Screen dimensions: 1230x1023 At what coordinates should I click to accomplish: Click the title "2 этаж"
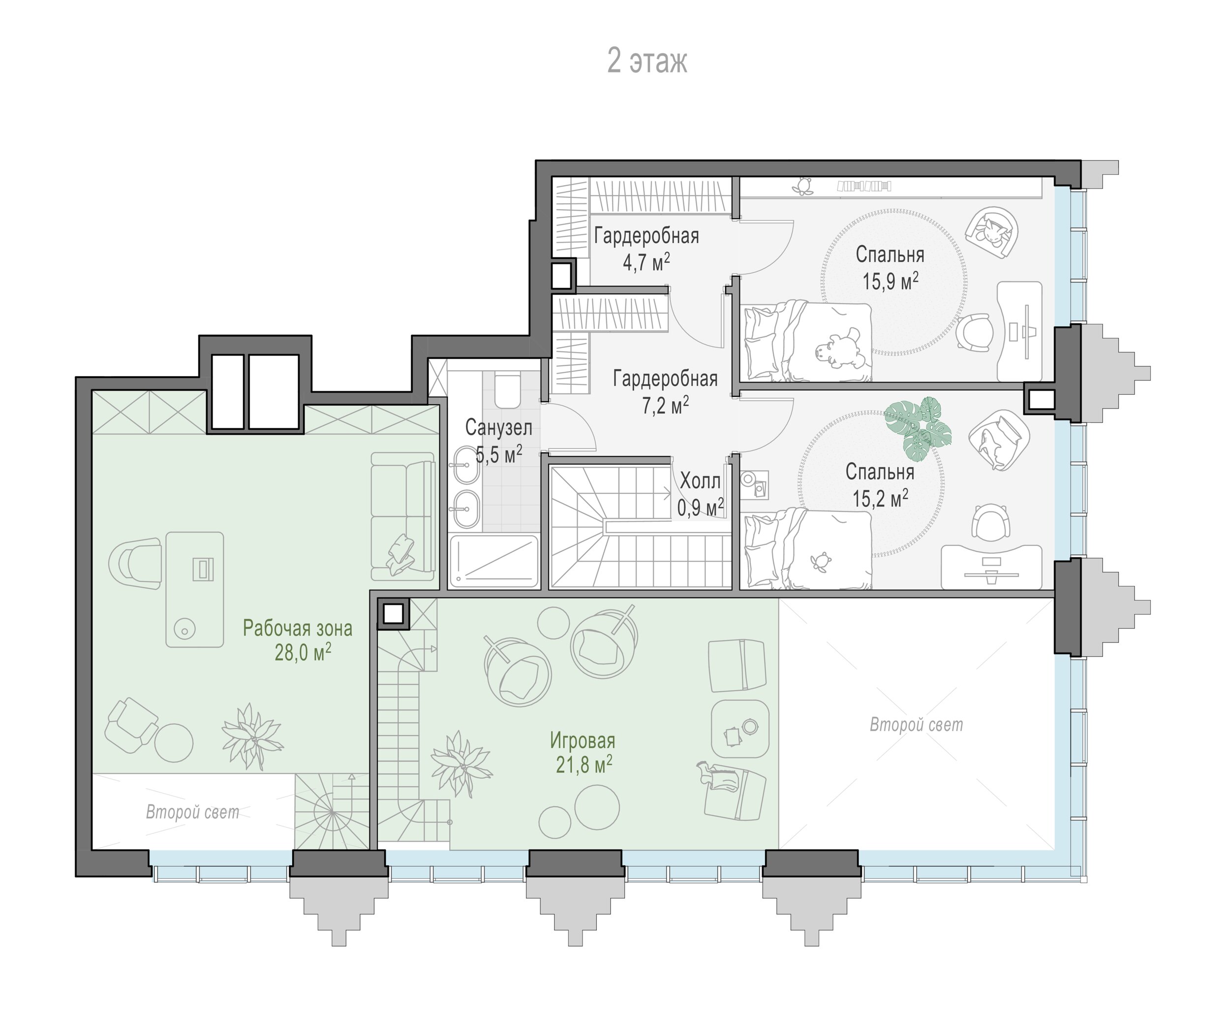click(646, 61)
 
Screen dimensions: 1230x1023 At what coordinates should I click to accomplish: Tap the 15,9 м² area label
click(890, 282)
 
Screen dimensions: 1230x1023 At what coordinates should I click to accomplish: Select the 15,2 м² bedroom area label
click(880, 499)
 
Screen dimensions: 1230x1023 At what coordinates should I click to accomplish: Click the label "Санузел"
click(498, 428)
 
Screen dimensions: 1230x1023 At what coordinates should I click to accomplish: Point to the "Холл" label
click(701, 481)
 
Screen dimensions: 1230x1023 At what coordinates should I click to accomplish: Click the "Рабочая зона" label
click(298, 629)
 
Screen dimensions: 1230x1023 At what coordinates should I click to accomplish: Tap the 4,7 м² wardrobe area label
click(646, 262)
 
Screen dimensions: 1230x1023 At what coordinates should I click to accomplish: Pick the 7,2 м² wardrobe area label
click(665, 405)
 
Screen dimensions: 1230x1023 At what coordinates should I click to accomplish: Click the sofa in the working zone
click(403, 515)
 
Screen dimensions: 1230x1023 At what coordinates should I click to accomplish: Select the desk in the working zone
click(194, 589)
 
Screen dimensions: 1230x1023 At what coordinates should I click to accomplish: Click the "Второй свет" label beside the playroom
click(916, 725)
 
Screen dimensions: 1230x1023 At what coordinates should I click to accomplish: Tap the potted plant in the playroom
click(461, 764)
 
